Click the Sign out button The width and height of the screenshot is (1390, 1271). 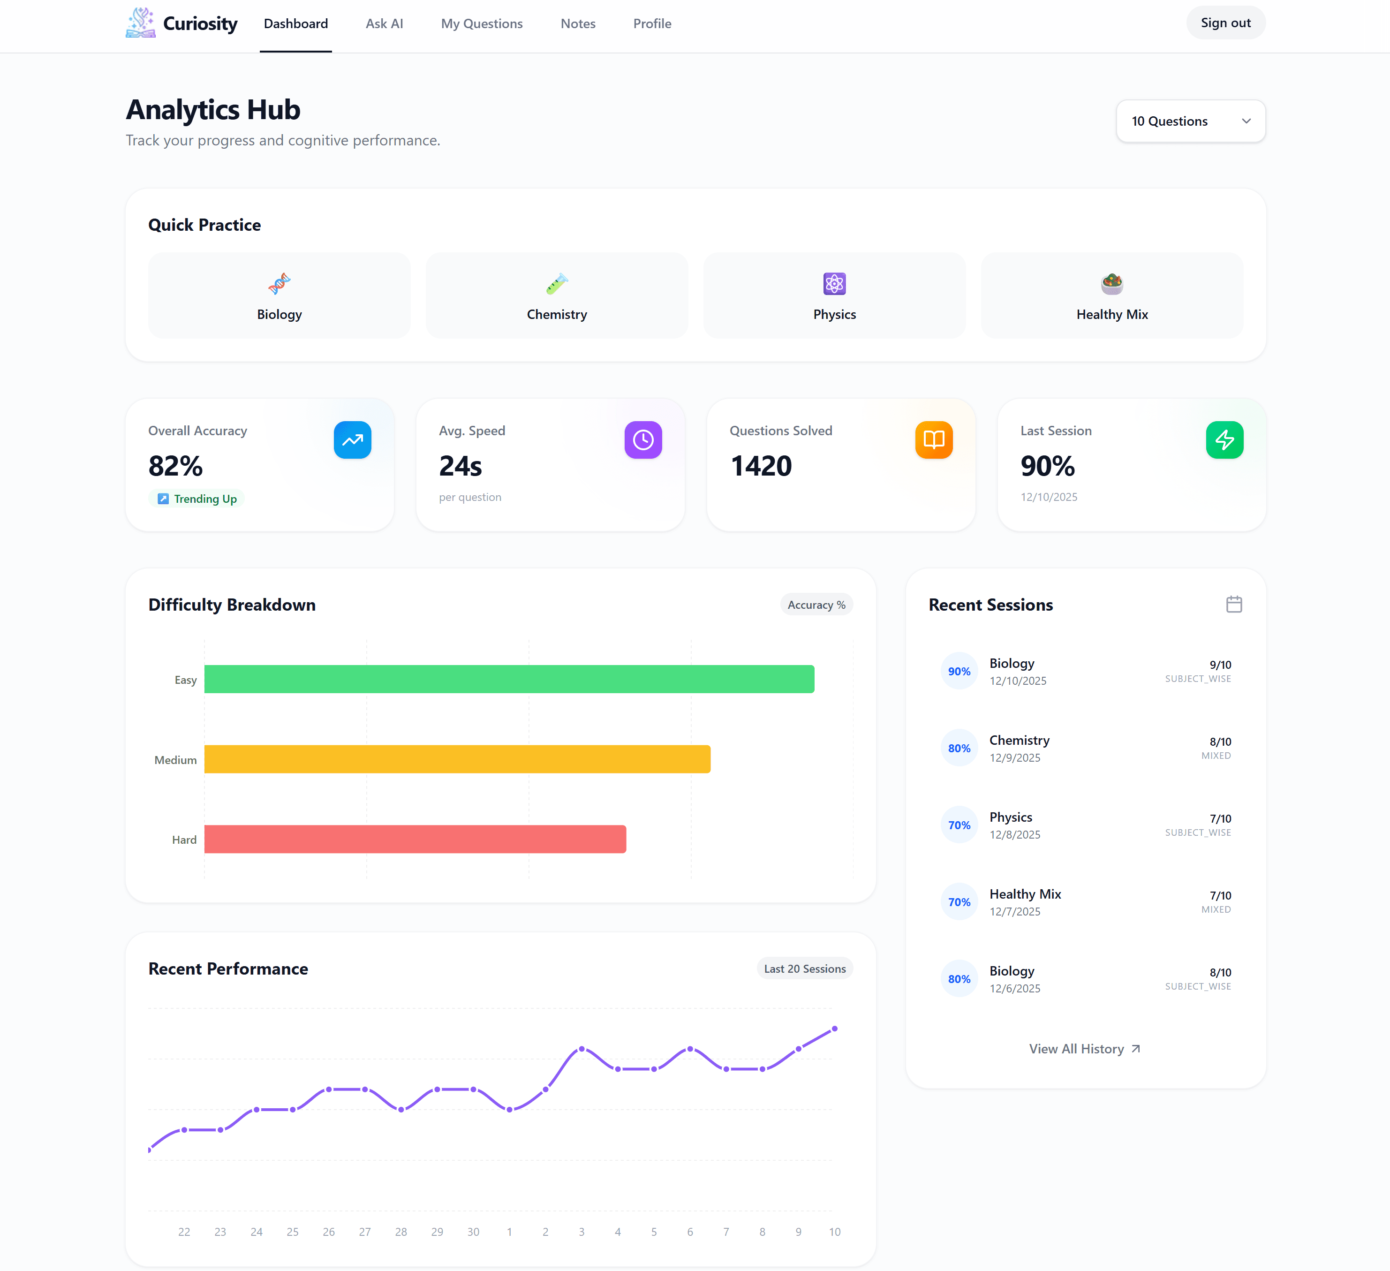(x=1225, y=23)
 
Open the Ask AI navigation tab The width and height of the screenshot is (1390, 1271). (x=384, y=23)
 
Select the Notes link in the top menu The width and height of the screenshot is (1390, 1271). (x=578, y=23)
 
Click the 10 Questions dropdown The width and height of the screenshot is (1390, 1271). (x=1190, y=121)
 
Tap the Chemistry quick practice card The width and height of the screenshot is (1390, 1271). (x=556, y=295)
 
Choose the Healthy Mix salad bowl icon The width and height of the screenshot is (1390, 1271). (x=1111, y=283)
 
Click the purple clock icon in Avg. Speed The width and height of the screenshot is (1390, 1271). (x=642, y=440)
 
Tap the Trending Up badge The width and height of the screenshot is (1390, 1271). (x=197, y=499)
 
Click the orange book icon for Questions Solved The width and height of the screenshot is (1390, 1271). (x=934, y=440)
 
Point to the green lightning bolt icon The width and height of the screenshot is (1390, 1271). (x=1224, y=440)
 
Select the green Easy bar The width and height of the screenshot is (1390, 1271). (x=509, y=679)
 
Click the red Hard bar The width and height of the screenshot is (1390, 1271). (x=415, y=840)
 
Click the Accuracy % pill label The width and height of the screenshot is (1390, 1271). (x=816, y=605)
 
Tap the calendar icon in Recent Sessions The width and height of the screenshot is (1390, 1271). (x=1233, y=604)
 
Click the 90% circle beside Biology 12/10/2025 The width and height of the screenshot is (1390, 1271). (x=959, y=671)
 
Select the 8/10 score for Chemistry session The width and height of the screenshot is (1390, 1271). (x=1220, y=741)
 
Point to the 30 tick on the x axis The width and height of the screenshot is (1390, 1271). (x=473, y=1232)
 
